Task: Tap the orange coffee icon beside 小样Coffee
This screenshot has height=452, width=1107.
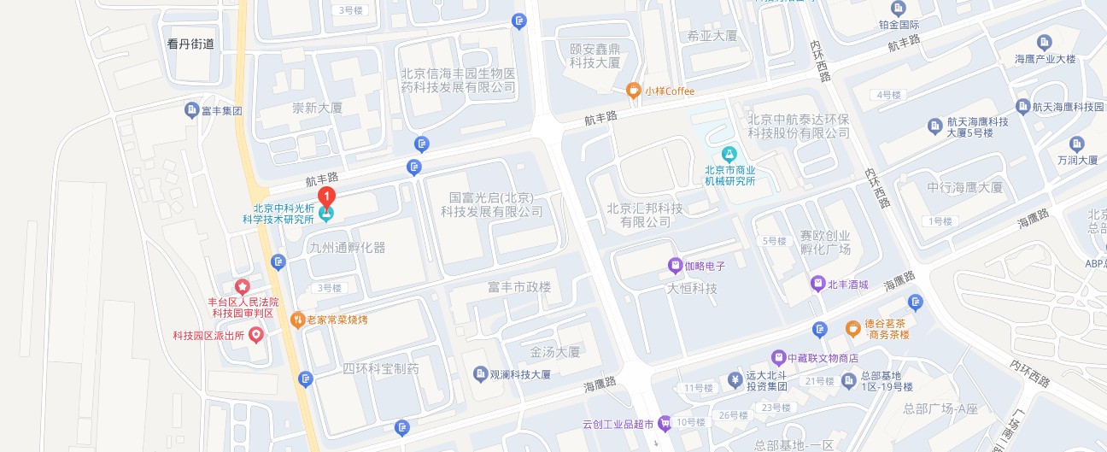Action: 633,90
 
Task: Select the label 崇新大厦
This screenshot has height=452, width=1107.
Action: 317,109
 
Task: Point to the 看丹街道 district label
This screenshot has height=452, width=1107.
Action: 191,44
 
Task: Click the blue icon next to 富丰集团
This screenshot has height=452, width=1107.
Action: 192,109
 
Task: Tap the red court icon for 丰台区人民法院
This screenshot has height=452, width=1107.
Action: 243,285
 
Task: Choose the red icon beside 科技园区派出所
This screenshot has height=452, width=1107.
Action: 255,337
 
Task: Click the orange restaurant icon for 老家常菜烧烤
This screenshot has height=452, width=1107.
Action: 297,320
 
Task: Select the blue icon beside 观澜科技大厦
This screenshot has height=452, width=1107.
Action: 480,374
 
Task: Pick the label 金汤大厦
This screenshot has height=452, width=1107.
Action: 555,351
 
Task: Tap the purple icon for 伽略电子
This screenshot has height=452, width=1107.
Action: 675,266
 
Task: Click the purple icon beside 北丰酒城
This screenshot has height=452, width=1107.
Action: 817,283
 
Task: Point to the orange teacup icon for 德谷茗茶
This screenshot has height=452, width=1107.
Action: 852,327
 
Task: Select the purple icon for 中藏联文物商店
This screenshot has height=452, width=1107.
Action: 778,357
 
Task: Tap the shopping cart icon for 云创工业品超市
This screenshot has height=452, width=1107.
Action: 665,423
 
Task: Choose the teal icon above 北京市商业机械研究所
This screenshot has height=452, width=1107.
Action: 729,155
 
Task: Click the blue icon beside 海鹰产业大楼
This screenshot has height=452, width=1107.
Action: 1044,42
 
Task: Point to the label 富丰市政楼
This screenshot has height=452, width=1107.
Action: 519,288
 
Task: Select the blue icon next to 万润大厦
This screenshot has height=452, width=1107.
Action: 1075,143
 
